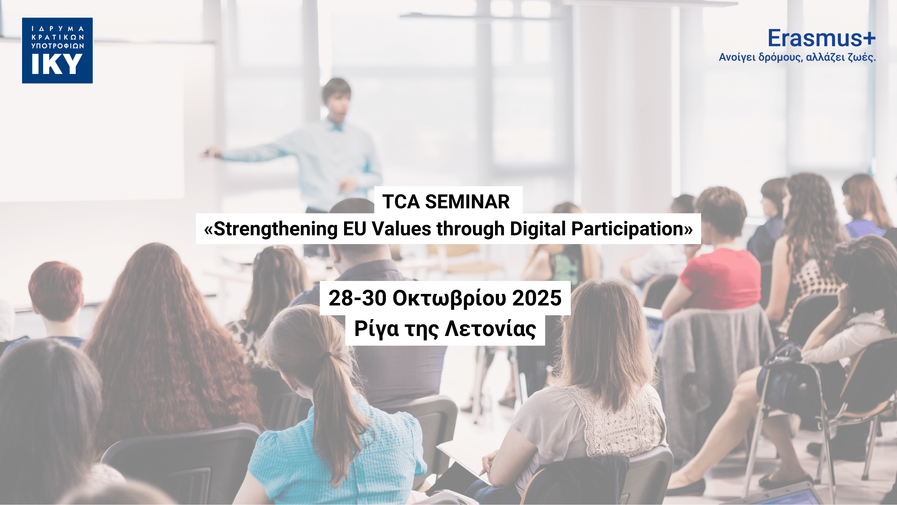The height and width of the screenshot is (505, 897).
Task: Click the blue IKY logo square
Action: point(57,50)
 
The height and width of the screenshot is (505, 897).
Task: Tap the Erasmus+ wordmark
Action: point(822,38)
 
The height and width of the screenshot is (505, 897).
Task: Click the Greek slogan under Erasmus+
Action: point(797,57)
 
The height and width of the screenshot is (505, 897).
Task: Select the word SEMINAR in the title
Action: point(467,202)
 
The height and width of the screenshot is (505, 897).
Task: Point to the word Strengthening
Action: point(276,229)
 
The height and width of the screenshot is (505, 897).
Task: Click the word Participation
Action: point(628,229)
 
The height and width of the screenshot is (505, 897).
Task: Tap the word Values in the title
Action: point(402,229)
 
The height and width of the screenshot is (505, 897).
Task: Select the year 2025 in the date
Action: point(537,298)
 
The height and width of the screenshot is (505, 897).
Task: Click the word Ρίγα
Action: point(377,329)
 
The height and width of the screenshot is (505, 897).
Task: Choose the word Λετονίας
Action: point(491,329)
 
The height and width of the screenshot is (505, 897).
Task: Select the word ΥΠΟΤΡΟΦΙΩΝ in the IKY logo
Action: point(57,46)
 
